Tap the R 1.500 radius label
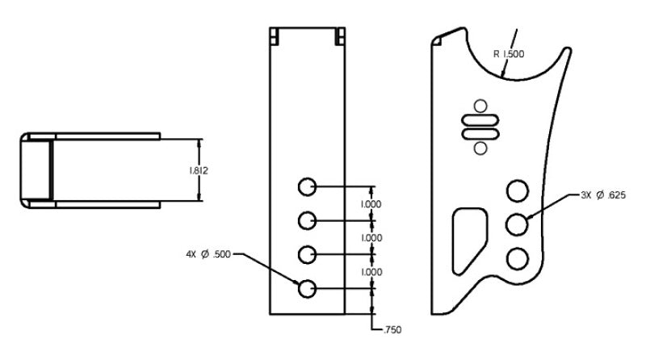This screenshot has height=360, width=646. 509,55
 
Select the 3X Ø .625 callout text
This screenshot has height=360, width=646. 603,195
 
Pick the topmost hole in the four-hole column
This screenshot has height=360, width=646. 306,187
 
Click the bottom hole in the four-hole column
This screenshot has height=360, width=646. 306,288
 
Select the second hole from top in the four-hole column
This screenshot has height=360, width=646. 306,220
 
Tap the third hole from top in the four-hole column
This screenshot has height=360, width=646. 306,255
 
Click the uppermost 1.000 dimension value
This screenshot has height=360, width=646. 372,204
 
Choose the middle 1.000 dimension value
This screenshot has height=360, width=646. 372,238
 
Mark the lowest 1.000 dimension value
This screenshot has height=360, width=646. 372,272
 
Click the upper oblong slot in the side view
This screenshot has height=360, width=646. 480,119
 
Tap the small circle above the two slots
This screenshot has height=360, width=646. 480,104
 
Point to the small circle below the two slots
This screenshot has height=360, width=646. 480,147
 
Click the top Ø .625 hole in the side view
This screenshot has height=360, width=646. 517,190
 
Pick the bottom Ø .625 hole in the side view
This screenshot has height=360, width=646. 517,257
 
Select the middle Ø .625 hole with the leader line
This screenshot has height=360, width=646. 517,224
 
